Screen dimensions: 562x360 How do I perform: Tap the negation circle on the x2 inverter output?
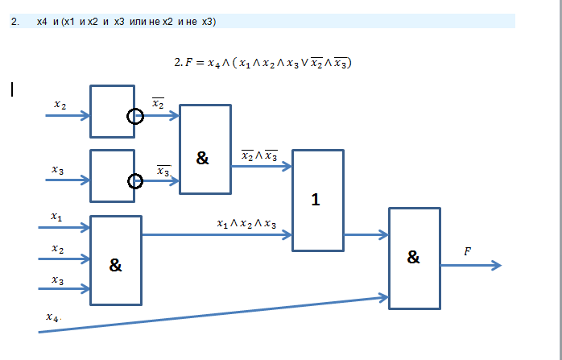point(135,110)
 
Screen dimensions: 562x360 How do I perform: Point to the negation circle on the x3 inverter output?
point(135,175)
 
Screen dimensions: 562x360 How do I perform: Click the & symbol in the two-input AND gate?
point(203,158)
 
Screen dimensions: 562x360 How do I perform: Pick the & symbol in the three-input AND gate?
point(115,265)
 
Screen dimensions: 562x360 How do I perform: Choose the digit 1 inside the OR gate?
point(316,200)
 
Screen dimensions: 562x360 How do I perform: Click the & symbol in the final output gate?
point(413,257)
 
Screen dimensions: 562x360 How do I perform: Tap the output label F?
point(467,252)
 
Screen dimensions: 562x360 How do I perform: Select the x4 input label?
point(52,317)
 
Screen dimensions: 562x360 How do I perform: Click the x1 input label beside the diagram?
point(56,217)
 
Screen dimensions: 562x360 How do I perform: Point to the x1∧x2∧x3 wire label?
point(246,224)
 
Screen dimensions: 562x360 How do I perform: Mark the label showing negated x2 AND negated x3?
point(259,155)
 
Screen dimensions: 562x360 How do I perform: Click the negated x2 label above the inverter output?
point(158,103)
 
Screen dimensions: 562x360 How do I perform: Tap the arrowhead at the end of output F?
point(496,265)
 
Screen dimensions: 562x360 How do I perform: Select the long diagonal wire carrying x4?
point(213,314)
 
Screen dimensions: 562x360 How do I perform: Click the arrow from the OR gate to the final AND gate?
point(366,235)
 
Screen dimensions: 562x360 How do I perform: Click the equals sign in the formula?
point(200,63)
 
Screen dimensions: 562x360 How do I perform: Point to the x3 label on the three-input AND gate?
point(58,280)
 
